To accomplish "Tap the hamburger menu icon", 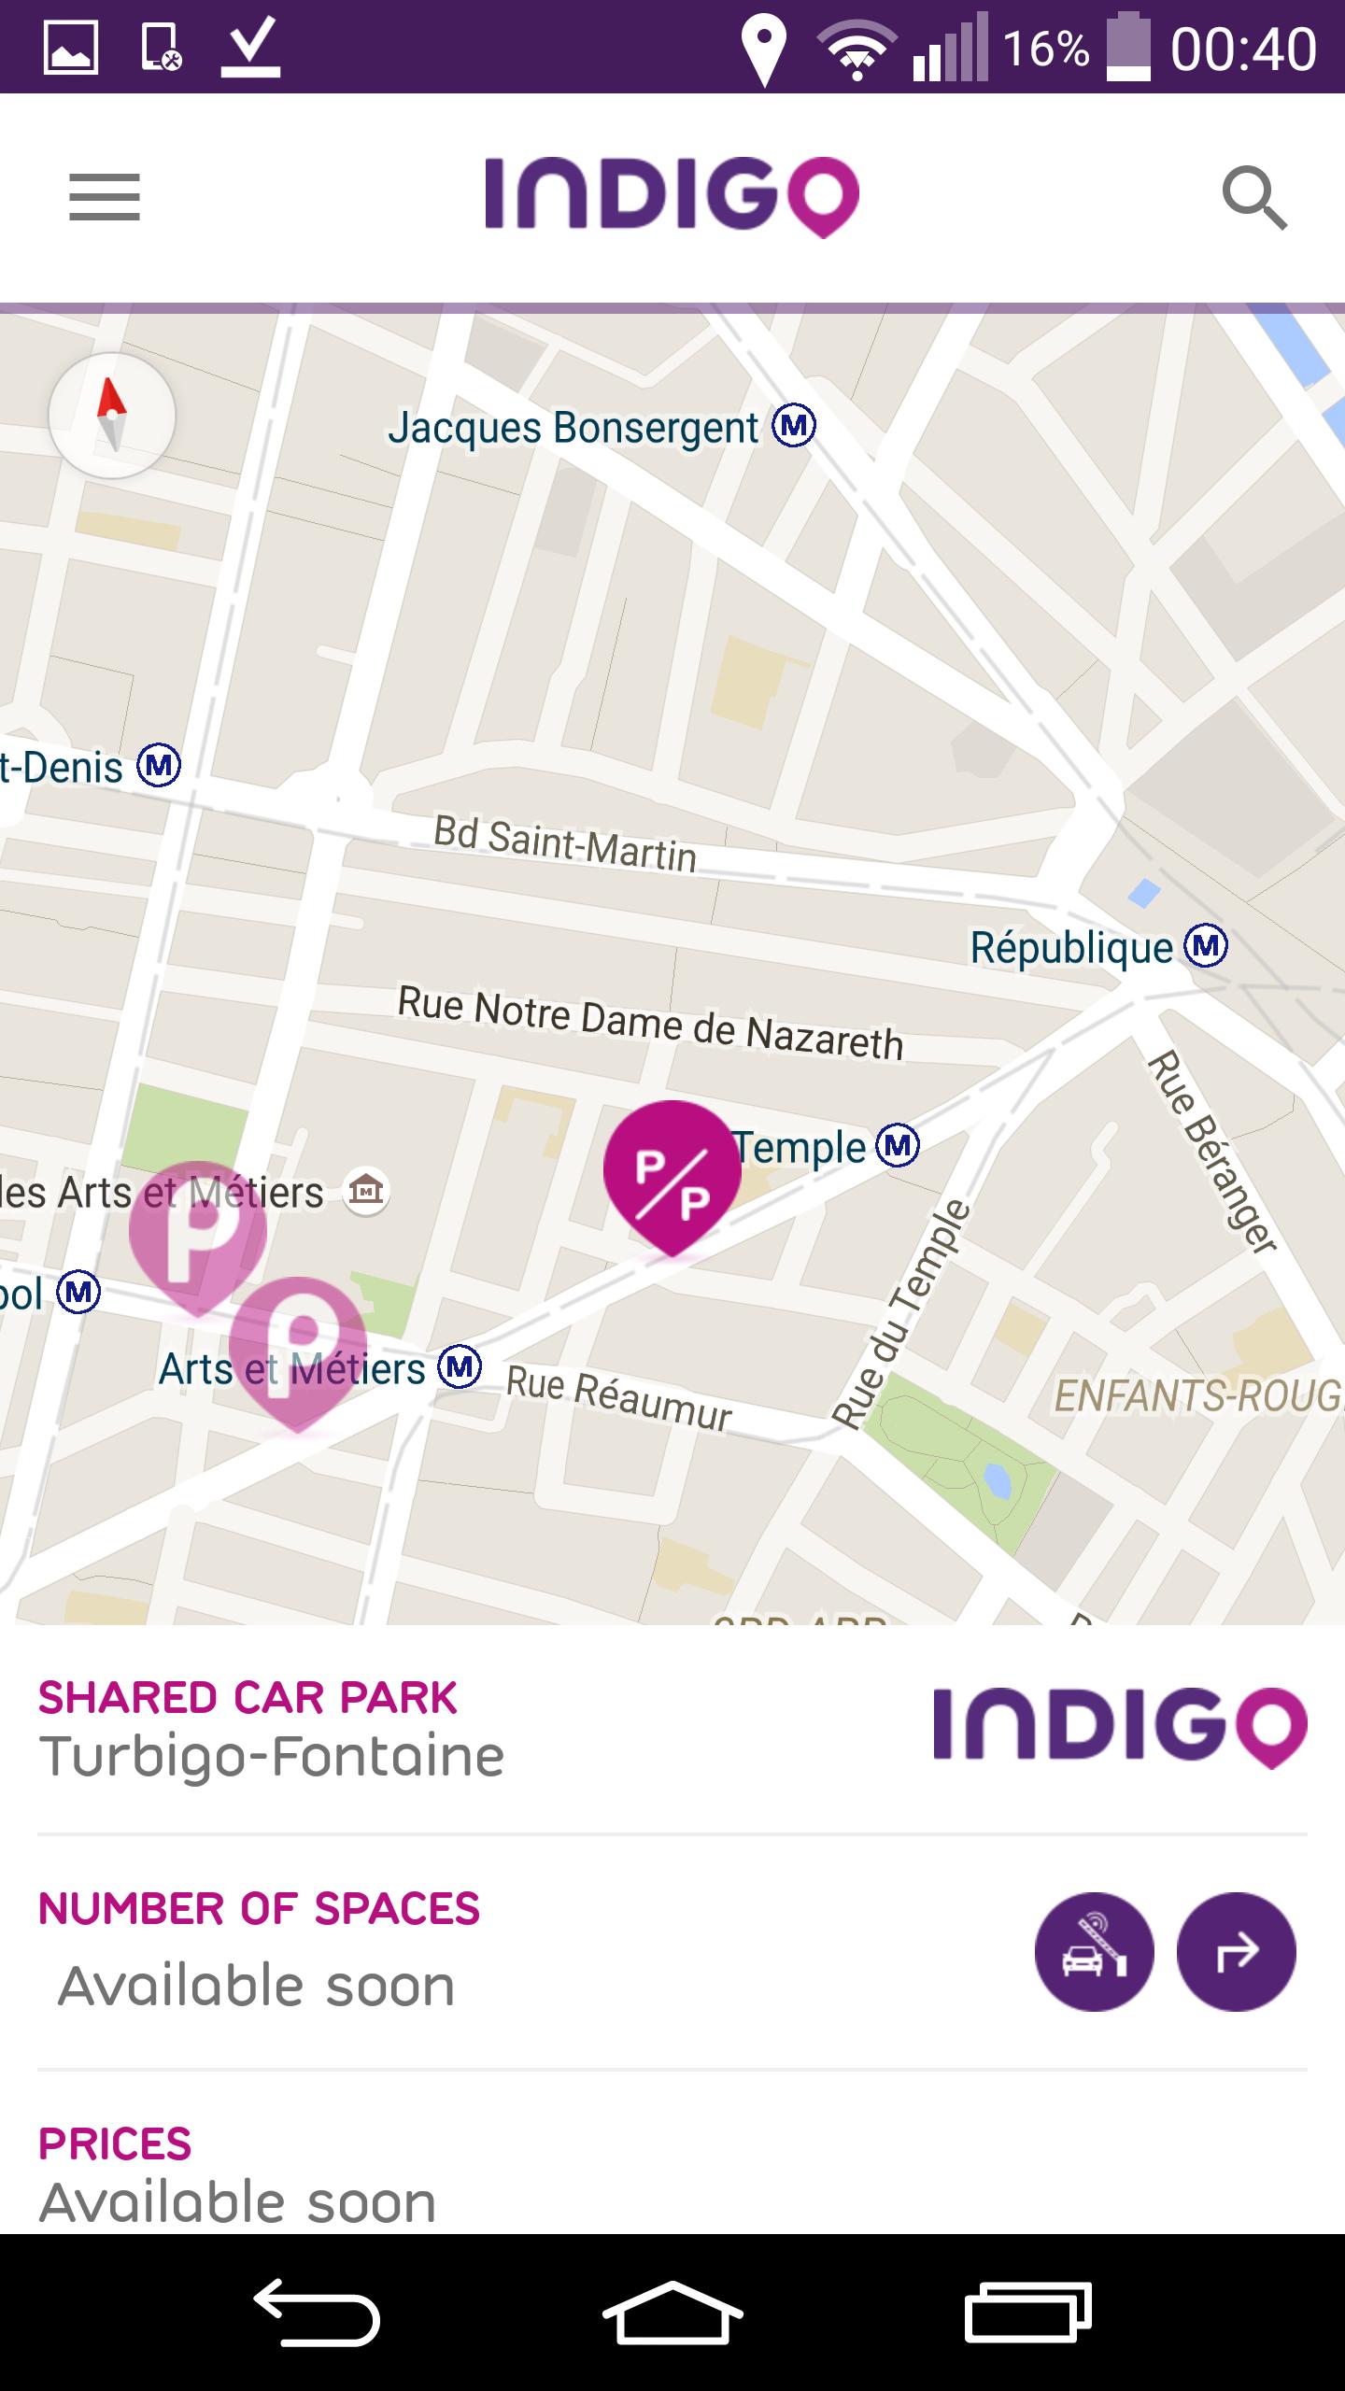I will click(x=104, y=197).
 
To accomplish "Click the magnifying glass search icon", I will click(x=1254, y=199).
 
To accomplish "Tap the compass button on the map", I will click(x=112, y=416).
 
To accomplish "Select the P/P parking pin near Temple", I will click(x=672, y=1172).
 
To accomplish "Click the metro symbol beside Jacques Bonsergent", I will click(x=794, y=426).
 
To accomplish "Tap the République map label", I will click(x=1071, y=948).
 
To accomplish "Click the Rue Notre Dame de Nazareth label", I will click(x=650, y=1024).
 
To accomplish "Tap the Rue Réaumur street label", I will click(x=618, y=1400).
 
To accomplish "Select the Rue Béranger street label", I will click(x=1211, y=1151).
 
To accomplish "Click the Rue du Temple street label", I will click(x=902, y=1315).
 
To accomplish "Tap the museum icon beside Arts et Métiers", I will click(x=365, y=1191).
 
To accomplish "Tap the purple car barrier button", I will click(x=1094, y=1951).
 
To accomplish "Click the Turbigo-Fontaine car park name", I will click(x=272, y=1757).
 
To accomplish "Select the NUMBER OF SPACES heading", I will click(x=259, y=1909).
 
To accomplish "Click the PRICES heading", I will click(x=115, y=2143).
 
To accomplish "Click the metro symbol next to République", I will click(x=1206, y=946).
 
